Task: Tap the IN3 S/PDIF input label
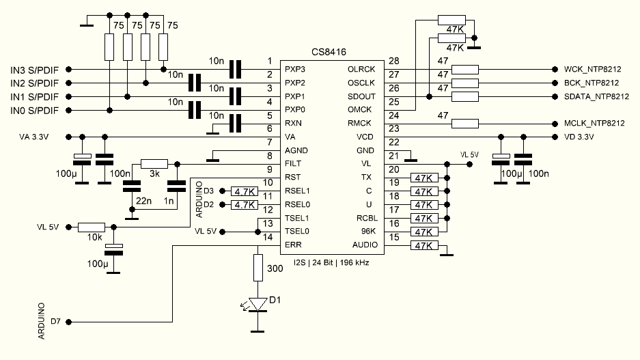tap(34, 69)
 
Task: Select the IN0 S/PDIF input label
tap(34, 110)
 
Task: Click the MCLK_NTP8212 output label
tap(594, 124)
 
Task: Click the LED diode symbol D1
tap(258, 304)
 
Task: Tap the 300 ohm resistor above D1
tap(258, 267)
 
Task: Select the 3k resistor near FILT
tap(154, 164)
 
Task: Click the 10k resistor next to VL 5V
tap(91, 227)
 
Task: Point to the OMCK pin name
tap(360, 110)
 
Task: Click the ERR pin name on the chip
tap(293, 245)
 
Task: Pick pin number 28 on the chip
tap(393, 61)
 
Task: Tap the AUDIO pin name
tap(364, 245)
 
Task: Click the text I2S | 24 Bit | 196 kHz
tap(331, 262)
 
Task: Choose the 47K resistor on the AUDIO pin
tap(423, 246)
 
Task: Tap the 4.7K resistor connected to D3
tap(244, 191)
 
